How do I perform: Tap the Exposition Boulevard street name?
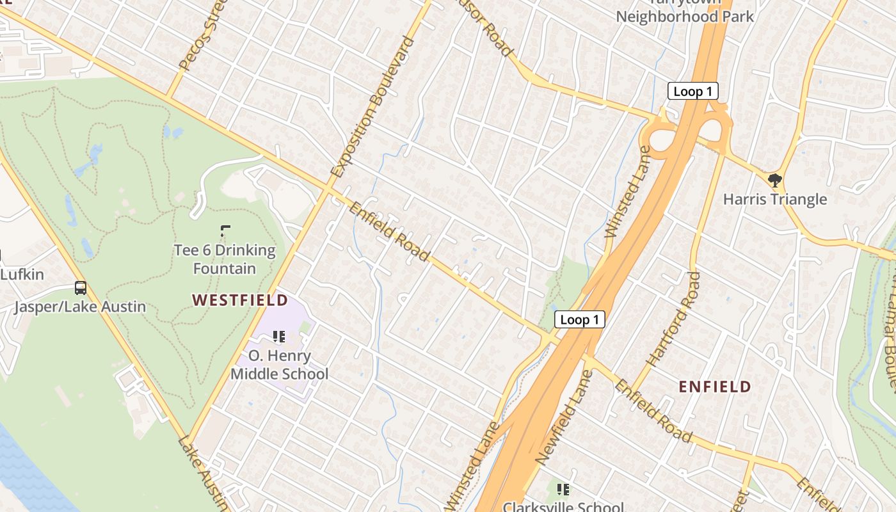tap(373, 107)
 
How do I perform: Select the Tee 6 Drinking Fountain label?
tap(225, 259)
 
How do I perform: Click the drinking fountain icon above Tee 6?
tap(225, 230)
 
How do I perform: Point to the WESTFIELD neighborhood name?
tap(240, 300)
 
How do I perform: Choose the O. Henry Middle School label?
tap(280, 365)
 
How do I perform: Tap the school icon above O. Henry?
tap(279, 337)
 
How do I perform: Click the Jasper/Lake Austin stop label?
tap(81, 307)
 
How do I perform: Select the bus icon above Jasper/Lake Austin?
tap(81, 288)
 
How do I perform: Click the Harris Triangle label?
tap(774, 199)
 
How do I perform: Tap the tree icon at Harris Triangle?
tap(774, 180)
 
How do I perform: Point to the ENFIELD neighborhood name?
tap(714, 387)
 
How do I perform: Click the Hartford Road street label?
tap(673, 319)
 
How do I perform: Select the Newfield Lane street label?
tap(561, 417)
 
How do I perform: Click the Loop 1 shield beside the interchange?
tap(693, 92)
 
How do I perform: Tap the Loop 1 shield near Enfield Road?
tap(579, 319)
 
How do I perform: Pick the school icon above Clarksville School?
tap(563, 490)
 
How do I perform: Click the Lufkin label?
tap(22, 275)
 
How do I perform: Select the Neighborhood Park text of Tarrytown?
tap(685, 16)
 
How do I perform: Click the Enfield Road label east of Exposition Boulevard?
tap(389, 232)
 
